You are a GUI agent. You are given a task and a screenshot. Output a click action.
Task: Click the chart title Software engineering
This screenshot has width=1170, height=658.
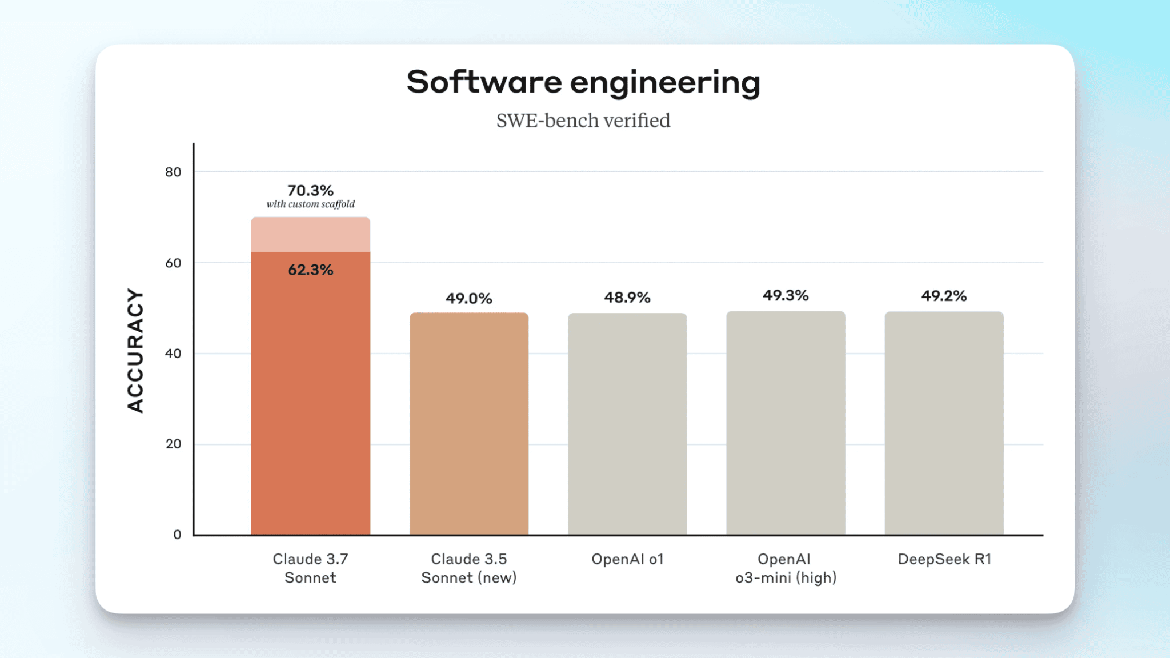583,82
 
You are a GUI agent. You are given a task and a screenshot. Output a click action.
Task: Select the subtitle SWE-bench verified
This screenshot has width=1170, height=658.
583,121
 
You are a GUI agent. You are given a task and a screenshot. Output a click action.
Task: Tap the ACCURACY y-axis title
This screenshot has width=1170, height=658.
135,350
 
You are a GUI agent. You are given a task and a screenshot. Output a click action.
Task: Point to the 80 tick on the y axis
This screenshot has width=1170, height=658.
173,172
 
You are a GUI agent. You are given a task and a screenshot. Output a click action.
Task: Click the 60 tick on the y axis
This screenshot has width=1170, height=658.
173,263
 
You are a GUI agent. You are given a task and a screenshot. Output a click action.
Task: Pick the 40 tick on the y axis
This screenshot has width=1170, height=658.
173,354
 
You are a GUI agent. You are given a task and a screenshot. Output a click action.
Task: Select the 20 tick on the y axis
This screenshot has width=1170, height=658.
173,444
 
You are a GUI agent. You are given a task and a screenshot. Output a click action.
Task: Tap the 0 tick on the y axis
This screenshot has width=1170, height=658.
177,535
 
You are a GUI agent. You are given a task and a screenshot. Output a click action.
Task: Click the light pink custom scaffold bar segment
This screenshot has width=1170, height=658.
311,234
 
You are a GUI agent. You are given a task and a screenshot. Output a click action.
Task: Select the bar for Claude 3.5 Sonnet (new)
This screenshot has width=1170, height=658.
469,423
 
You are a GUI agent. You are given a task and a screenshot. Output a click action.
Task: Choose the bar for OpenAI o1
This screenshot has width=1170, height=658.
627,423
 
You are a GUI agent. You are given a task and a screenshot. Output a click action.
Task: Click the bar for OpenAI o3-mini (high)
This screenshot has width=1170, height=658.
786,423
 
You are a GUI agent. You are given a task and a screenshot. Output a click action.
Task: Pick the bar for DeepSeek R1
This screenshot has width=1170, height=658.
944,423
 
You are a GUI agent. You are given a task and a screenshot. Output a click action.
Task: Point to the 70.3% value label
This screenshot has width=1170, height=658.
310,190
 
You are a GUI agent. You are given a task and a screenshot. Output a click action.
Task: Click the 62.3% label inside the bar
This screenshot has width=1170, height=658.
310,270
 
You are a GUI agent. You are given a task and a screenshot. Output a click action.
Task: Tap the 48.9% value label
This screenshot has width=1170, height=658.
627,298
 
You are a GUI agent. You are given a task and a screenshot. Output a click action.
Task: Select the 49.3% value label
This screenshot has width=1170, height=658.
786,296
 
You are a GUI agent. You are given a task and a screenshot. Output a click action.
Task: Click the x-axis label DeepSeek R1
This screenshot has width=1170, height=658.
944,559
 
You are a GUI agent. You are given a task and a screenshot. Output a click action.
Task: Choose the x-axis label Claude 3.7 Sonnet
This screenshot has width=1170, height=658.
311,568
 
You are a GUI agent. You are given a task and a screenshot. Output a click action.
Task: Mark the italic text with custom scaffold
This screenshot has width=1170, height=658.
310,204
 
